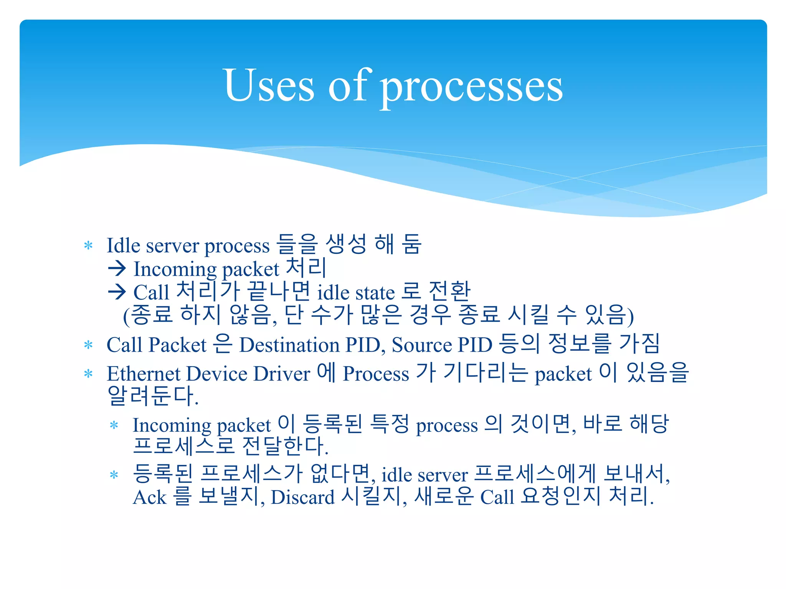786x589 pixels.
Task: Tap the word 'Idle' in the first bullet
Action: [x=123, y=245]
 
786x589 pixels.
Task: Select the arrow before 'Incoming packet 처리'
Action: [x=117, y=268]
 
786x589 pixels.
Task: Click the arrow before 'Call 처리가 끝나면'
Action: [x=117, y=292]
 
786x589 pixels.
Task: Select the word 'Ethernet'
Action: [x=144, y=373]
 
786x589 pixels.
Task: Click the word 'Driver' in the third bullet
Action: [x=282, y=373]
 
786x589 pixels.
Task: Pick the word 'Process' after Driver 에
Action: [x=376, y=374]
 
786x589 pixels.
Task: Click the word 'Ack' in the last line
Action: [x=149, y=497]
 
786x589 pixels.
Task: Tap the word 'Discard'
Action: [x=302, y=497]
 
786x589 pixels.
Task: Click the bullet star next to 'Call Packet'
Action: [x=88, y=345]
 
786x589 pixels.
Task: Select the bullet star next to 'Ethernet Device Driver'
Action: [x=88, y=374]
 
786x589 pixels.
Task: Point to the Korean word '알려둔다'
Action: [x=152, y=396]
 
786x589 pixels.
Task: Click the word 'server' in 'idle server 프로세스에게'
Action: [x=443, y=475]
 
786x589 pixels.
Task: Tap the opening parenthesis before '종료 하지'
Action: [x=126, y=316]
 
